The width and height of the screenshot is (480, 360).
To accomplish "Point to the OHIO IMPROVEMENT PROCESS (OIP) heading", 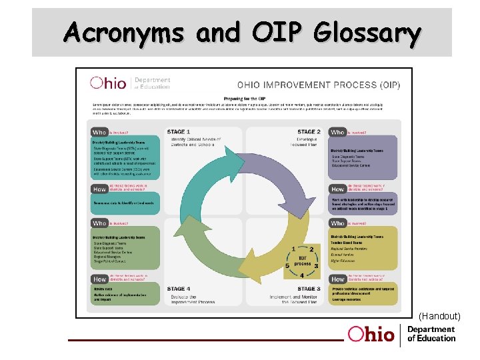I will pyautogui.click(x=318, y=85).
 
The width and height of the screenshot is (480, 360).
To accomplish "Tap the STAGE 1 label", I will pyautogui.click(x=179, y=132).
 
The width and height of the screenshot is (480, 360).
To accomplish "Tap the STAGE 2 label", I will pyautogui.click(x=309, y=132).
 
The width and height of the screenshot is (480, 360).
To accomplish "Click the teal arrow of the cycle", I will pyautogui.click(x=193, y=170).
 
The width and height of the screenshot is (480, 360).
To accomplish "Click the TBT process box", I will pyautogui.click(x=302, y=259).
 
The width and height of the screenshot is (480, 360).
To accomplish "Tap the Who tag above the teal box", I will pyautogui.click(x=99, y=133).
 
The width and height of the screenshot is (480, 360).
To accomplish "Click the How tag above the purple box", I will pyautogui.click(x=338, y=189).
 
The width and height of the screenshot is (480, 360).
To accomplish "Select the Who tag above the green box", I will pyautogui.click(x=99, y=223).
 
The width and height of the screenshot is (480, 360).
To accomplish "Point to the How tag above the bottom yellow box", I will pyautogui.click(x=338, y=279).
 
